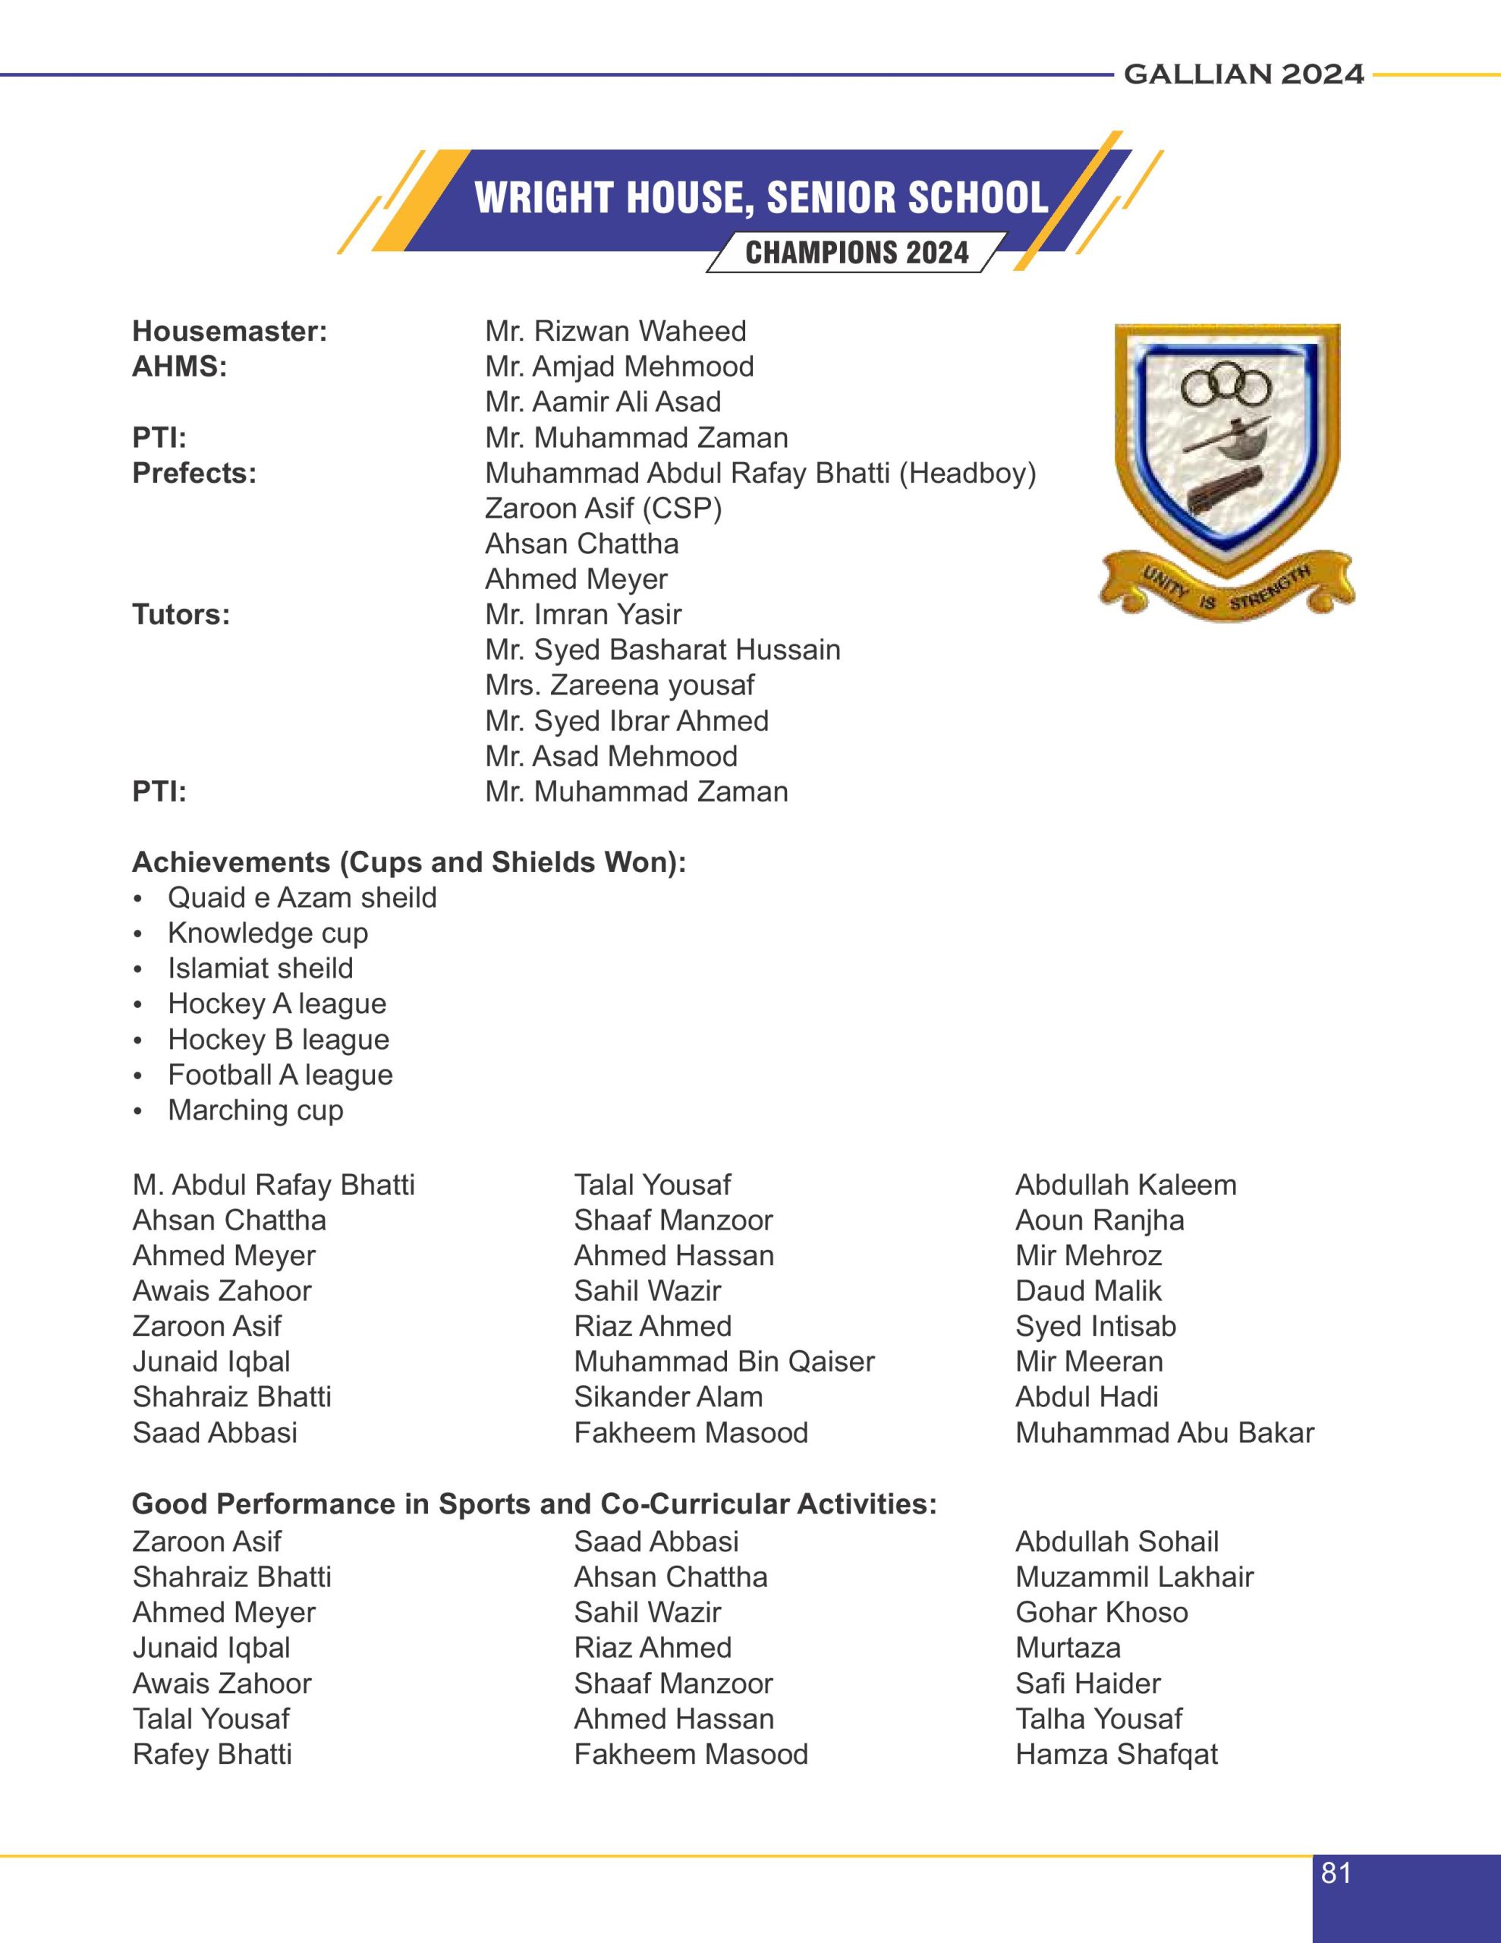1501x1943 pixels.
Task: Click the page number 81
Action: [1336, 1874]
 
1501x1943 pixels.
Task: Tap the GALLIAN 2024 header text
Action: [1243, 74]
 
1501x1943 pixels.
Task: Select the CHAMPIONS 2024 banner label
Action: [856, 254]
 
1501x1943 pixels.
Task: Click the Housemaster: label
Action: [230, 332]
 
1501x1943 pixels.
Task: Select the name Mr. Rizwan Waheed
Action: [615, 332]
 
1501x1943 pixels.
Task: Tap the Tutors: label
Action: [181, 615]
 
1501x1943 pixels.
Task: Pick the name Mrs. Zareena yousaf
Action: [619, 685]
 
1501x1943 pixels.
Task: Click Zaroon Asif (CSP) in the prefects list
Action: [603, 508]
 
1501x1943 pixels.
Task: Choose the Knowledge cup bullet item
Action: [267, 934]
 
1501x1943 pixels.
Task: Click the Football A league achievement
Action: [279, 1075]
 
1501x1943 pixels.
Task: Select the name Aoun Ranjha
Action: [1099, 1220]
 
